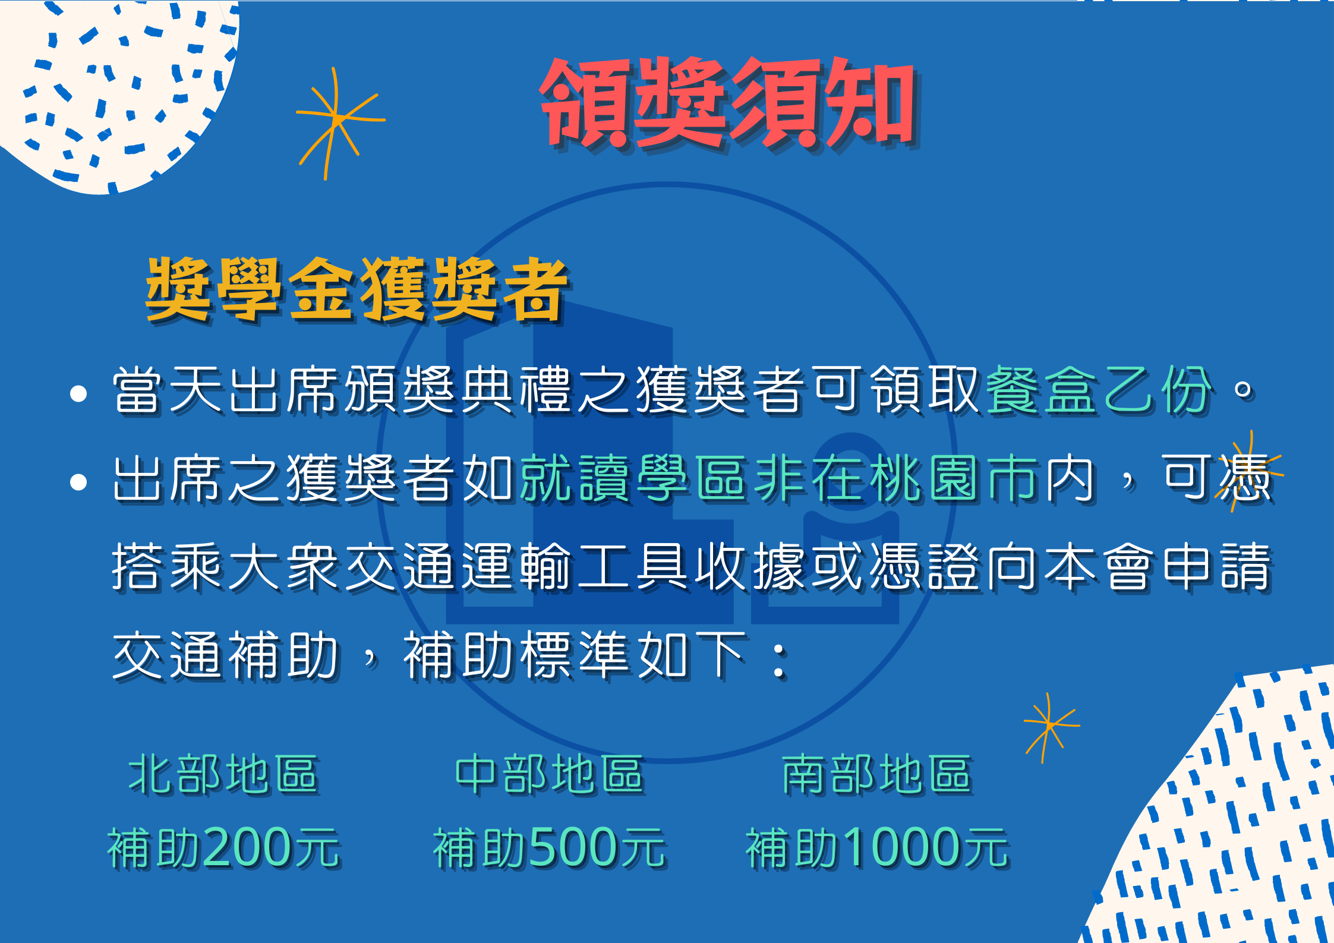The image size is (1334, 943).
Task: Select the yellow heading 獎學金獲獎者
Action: (x=357, y=290)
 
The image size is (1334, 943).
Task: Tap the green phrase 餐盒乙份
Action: (x=1099, y=390)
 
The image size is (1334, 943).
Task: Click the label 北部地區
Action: (x=224, y=775)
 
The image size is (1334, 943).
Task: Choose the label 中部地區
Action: (x=550, y=775)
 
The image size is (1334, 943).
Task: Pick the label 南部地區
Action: (x=877, y=775)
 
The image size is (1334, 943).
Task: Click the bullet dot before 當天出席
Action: (x=78, y=393)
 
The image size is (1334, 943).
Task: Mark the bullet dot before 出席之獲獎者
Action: (x=78, y=482)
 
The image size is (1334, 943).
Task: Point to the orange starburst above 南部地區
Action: (x=1050, y=726)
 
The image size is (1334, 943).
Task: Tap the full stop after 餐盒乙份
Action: (x=1243, y=390)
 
